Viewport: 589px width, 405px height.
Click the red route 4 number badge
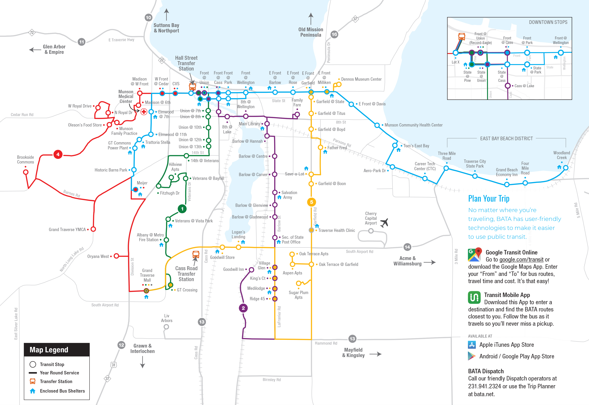(58, 154)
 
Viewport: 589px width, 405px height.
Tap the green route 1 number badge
(182, 209)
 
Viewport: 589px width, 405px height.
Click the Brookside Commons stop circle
(26, 172)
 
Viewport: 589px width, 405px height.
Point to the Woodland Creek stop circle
(566, 168)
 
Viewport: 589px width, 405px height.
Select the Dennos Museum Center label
(361, 79)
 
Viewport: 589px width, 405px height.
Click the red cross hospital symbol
(144, 112)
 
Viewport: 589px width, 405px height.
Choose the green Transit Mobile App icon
(474, 297)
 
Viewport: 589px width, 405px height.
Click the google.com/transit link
(521, 260)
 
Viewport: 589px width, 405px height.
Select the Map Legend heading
(49, 350)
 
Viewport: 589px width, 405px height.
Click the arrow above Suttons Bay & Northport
(166, 14)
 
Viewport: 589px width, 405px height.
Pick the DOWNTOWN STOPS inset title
(548, 22)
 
